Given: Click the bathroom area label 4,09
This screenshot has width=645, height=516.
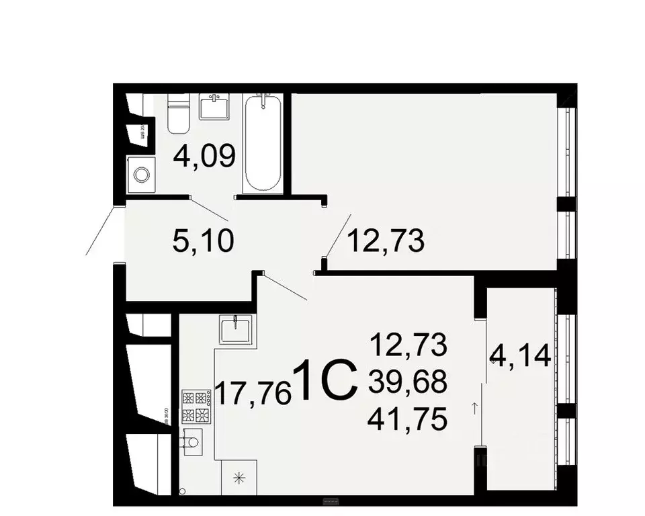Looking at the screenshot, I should coord(204,157).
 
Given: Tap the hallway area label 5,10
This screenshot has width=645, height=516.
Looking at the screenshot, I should coord(203,240).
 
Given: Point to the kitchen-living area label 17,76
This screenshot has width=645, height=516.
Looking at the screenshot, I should coord(252,392).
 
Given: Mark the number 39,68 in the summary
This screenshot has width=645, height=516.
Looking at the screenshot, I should coord(408,382).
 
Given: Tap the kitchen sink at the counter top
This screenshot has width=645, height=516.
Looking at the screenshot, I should coord(236,330).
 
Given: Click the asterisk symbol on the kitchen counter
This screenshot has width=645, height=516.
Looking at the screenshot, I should coord(237,478).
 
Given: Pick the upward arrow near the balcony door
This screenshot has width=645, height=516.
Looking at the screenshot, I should coord(475,407).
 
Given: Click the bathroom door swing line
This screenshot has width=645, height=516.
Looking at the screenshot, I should coord(210,209).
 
